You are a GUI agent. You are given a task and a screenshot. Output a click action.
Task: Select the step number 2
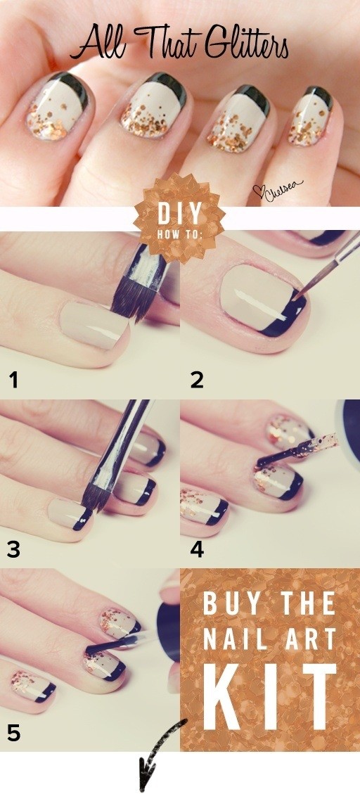[196, 380]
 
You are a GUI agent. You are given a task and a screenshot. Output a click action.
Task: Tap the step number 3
[13, 549]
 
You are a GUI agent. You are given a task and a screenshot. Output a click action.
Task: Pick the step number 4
[197, 549]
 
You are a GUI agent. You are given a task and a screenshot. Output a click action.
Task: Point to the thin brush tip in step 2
[299, 293]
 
